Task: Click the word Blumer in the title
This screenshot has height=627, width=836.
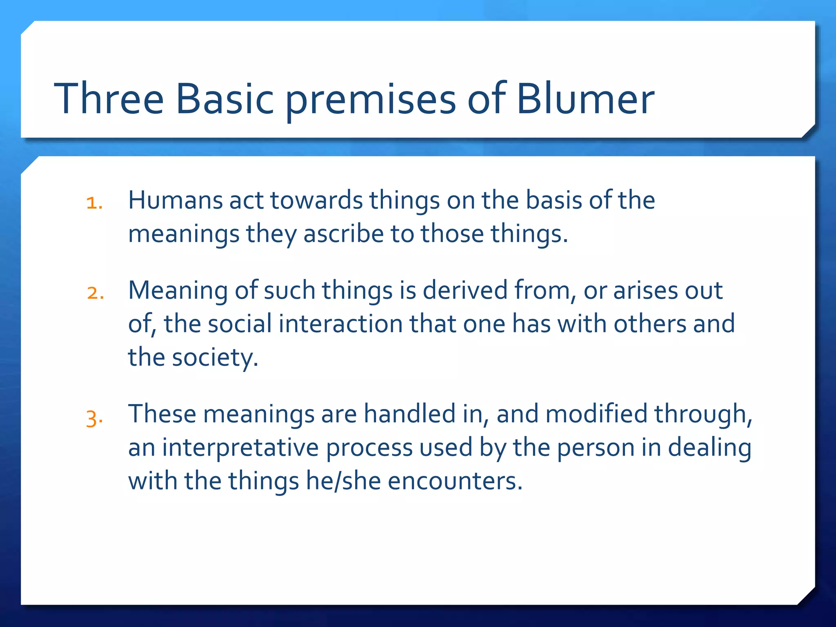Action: [x=585, y=99]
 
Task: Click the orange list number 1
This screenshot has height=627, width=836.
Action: [x=94, y=203]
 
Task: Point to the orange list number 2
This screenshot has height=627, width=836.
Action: [x=95, y=293]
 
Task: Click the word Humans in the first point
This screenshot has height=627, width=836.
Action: [x=175, y=200]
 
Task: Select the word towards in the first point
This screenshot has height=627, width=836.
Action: [x=316, y=200]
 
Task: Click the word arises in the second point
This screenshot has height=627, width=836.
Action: [x=645, y=291]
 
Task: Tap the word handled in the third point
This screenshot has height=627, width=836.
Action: [x=409, y=414]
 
